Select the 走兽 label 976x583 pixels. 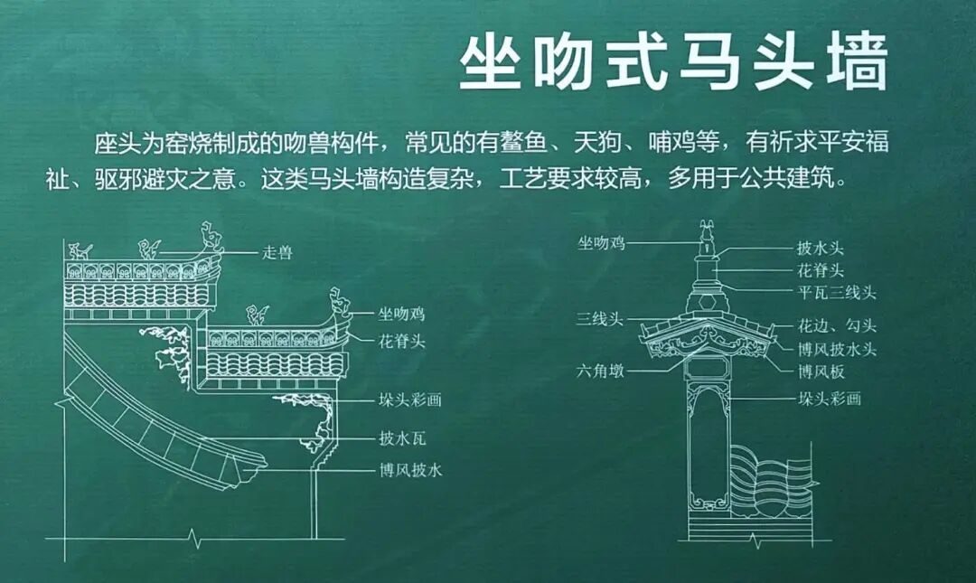point(277,253)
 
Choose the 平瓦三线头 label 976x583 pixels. point(837,293)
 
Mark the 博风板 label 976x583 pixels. point(821,371)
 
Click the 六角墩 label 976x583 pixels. point(601,371)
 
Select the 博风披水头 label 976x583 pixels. point(837,349)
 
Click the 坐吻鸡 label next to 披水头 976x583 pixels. point(601,242)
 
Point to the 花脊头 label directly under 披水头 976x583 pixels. point(821,270)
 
